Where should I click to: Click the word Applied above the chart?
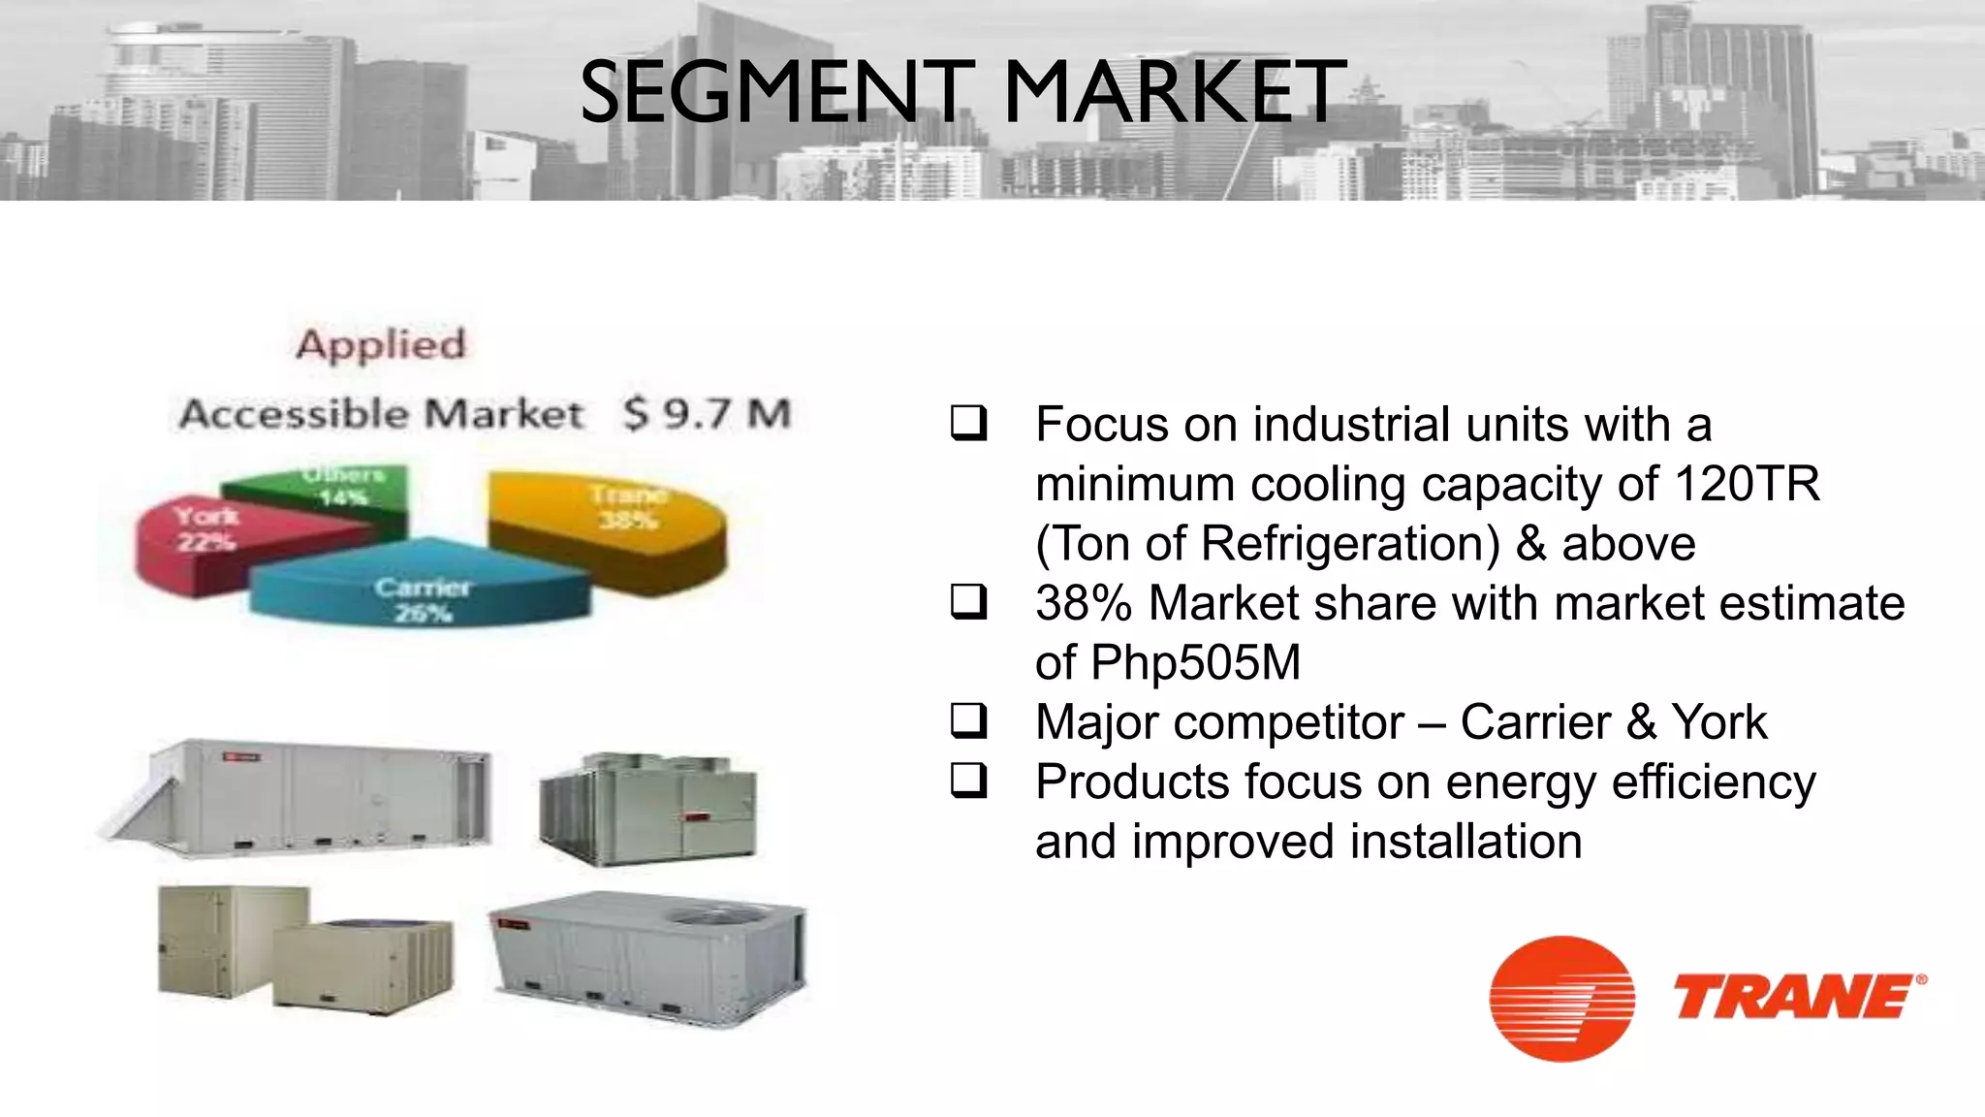pos(381,344)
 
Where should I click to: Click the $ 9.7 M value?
pos(708,414)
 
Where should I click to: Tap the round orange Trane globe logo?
pos(1561,999)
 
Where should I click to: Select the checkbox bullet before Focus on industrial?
pos(968,424)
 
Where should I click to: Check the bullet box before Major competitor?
pos(968,721)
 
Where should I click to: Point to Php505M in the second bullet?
pos(1195,663)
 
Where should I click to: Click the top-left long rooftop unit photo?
pos(300,795)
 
